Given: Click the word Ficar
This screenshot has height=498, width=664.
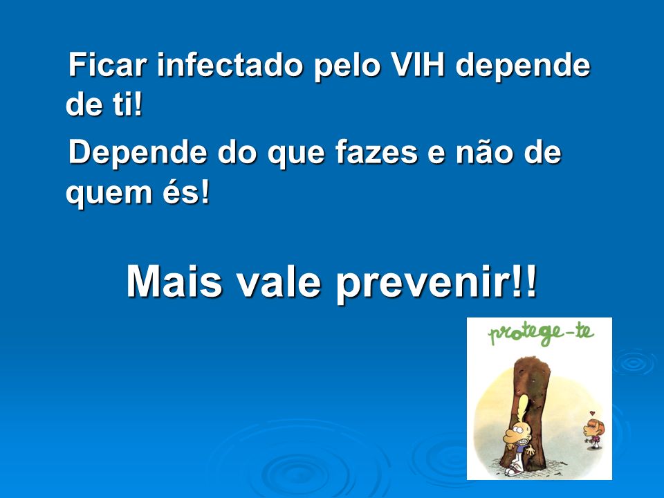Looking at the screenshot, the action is pos(108,64).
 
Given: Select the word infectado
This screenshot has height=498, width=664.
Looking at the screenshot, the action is pos(230,64).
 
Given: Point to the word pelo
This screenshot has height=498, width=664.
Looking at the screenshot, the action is pos(347,66).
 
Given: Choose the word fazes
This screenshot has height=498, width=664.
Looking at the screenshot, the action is pos(377,152).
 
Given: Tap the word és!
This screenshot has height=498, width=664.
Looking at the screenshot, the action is pos(187,192).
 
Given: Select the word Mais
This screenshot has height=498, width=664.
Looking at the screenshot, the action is pos(174,282).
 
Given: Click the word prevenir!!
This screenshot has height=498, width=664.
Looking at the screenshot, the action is pos(436,284).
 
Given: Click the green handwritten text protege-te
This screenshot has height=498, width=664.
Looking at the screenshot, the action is pos(541,335).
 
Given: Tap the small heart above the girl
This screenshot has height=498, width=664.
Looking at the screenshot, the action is pos(592,413).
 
